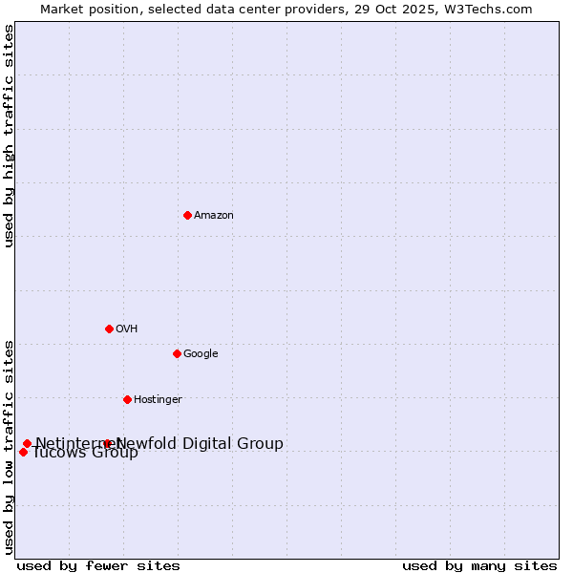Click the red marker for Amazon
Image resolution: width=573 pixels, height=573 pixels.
click(x=187, y=215)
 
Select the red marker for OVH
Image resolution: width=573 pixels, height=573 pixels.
click(x=109, y=329)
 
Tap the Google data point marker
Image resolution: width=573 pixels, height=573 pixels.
click(x=177, y=353)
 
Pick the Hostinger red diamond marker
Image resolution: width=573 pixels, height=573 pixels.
click(x=127, y=399)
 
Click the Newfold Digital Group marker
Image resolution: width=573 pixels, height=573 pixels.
click(x=107, y=443)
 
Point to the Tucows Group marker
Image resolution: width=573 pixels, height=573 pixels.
click(x=23, y=452)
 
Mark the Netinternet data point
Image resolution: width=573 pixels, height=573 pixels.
click(x=27, y=443)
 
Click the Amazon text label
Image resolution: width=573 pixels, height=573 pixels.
click(x=214, y=216)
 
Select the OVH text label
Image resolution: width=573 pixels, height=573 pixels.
click(x=127, y=329)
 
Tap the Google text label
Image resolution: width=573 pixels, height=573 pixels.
click(x=201, y=354)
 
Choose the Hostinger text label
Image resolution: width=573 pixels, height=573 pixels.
click(x=158, y=400)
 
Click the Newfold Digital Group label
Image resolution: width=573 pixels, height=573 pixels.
click(x=200, y=443)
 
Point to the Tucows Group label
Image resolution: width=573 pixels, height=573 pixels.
click(x=86, y=453)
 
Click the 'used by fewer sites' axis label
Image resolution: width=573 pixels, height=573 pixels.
click(x=98, y=565)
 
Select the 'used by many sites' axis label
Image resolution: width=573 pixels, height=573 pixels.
click(x=479, y=565)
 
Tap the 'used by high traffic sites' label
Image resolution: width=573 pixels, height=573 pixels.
click(x=10, y=136)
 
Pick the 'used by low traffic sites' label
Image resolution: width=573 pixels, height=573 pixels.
click(x=10, y=446)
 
